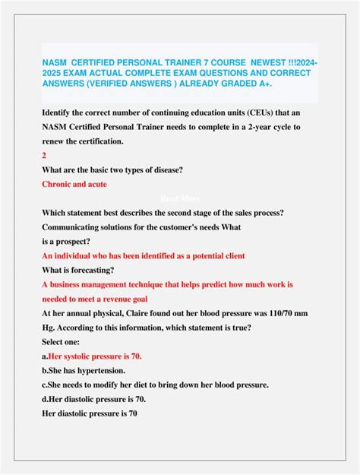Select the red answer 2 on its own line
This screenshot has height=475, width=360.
(x=44, y=154)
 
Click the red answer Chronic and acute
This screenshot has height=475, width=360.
(x=74, y=183)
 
